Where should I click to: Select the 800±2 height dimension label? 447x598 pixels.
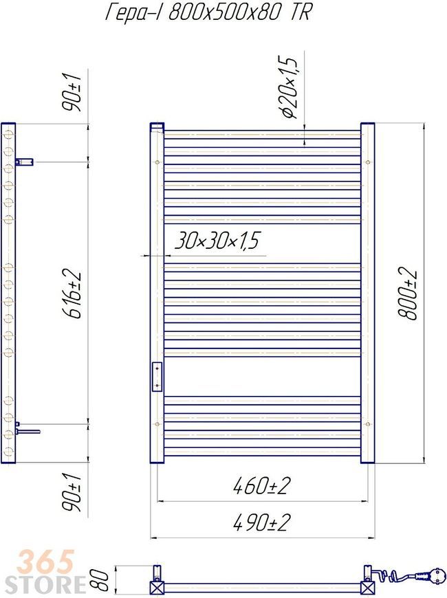point(407,294)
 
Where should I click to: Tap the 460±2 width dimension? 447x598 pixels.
point(262,486)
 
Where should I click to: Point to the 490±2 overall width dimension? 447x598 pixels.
point(262,522)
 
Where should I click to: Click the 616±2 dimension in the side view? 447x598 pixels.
point(72,294)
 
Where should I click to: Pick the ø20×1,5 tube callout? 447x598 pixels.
point(288,87)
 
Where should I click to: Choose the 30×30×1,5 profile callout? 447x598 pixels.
point(217,241)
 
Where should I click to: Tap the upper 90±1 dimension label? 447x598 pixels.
point(72,92)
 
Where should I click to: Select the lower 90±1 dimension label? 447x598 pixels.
point(72,493)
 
